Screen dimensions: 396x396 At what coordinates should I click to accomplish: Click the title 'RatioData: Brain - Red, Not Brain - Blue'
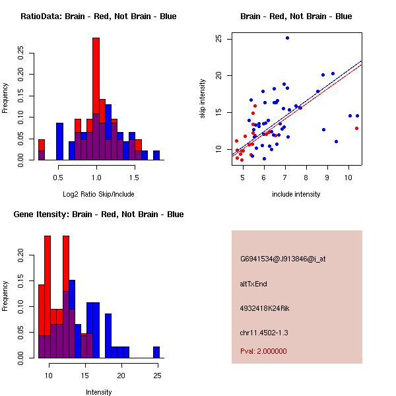pyautogui.click(x=98, y=16)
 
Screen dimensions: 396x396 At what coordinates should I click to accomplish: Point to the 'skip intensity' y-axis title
pyautogui.click(x=203, y=98)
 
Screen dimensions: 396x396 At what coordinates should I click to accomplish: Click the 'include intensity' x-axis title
pyautogui.click(x=296, y=194)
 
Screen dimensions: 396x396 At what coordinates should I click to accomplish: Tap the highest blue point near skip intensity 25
pyautogui.click(x=287, y=38)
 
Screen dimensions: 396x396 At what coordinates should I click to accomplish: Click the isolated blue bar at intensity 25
pyautogui.click(x=156, y=352)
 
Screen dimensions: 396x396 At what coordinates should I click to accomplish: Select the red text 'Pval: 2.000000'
pyautogui.click(x=263, y=351)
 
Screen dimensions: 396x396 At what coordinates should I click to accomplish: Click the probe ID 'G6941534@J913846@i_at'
pyautogui.click(x=282, y=259)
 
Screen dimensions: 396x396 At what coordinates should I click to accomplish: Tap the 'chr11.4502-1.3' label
pyautogui.click(x=264, y=332)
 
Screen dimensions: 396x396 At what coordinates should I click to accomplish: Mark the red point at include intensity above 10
pyautogui.click(x=357, y=128)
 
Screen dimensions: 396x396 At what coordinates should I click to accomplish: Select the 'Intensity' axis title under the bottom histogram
pyautogui.click(x=98, y=392)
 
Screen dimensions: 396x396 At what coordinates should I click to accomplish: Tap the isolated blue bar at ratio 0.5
pyautogui.click(x=59, y=141)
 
